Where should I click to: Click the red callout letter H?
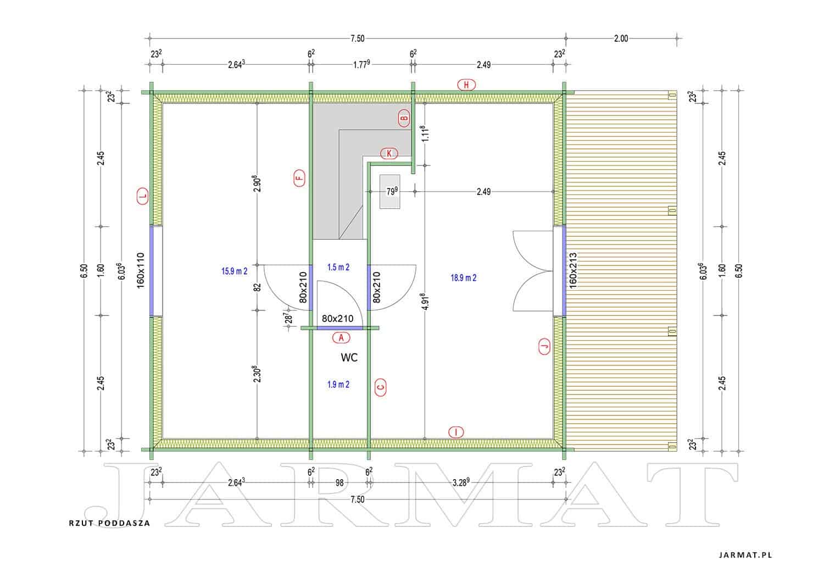click(x=466, y=85)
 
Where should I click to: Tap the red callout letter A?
click(x=341, y=337)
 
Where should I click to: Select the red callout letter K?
click(x=389, y=153)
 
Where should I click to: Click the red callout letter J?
click(x=544, y=346)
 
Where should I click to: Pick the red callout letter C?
click(x=380, y=387)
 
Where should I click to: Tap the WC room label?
click(x=349, y=357)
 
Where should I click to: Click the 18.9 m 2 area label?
click(x=464, y=278)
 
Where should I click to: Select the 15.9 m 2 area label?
click(x=235, y=271)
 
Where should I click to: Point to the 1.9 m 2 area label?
click(x=338, y=385)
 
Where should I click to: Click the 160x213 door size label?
click(x=573, y=270)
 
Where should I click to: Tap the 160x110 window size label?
click(x=141, y=270)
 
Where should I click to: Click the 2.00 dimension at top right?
click(x=621, y=38)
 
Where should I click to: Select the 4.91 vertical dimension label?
click(x=425, y=302)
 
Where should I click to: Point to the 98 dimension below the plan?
click(x=339, y=482)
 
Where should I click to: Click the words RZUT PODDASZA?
click(x=110, y=523)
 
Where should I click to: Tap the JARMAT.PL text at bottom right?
click(x=745, y=556)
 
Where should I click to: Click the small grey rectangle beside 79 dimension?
click(x=389, y=192)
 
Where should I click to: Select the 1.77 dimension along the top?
click(x=361, y=64)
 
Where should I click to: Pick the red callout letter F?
click(x=299, y=178)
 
